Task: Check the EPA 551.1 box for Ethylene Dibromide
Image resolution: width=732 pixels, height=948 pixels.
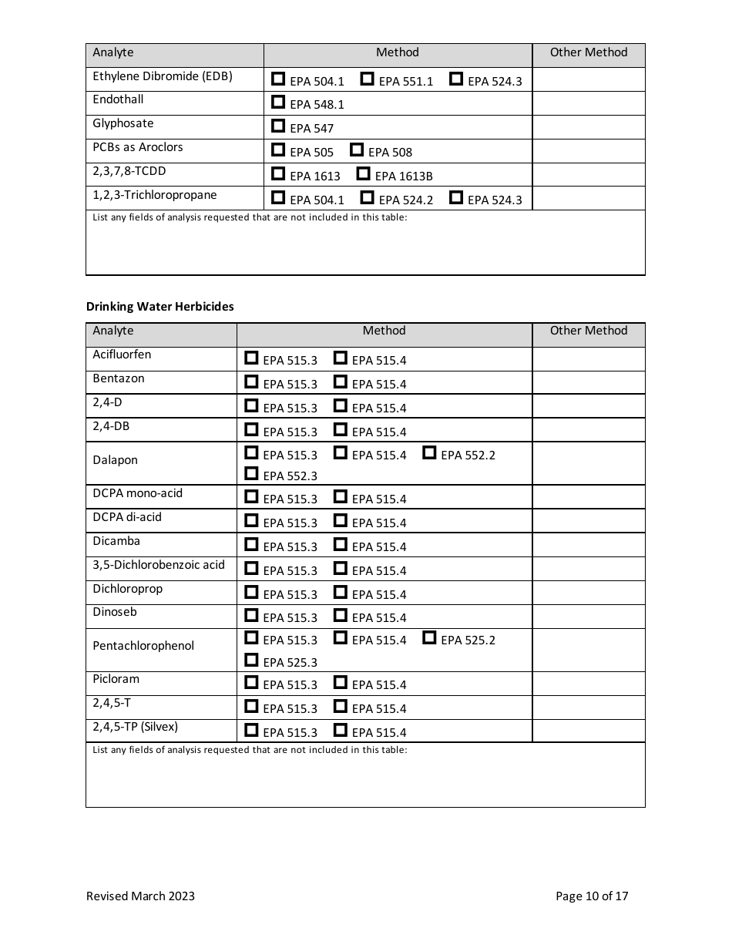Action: (368, 79)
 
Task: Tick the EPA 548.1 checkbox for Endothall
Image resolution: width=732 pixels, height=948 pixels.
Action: (278, 102)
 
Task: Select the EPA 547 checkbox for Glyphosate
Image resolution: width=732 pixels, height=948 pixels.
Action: (278, 126)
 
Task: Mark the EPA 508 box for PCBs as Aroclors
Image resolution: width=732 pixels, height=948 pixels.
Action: (357, 150)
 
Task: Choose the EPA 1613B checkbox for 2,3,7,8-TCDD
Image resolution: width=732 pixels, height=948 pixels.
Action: (363, 173)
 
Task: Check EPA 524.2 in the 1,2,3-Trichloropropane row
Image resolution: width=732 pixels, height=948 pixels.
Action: (368, 197)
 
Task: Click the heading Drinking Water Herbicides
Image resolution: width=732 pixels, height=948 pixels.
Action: (159, 307)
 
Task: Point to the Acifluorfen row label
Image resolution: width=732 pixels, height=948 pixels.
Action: (122, 355)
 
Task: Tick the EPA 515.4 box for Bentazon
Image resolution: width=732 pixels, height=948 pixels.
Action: (340, 382)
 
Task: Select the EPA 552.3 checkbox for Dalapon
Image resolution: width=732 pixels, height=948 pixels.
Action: (251, 473)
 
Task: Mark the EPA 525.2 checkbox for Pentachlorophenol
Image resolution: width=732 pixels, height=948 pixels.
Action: (429, 637)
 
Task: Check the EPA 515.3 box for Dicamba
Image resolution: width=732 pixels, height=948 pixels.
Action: (251, 544)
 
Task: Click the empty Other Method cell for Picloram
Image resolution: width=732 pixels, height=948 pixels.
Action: (588, 684)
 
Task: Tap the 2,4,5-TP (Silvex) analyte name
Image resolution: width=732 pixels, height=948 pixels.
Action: (135, 727)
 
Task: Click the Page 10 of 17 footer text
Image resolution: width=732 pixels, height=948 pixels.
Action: (592, 896)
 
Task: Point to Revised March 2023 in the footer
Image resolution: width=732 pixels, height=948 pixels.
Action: (140, 896)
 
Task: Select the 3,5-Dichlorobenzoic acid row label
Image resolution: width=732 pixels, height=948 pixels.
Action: (159, 565)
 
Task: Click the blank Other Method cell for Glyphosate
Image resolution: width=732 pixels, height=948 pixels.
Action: (588, 127)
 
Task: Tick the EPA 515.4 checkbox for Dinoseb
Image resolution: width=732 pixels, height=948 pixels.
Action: (340, 615)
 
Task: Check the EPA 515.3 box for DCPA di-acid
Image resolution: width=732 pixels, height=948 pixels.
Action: (251, 520)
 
